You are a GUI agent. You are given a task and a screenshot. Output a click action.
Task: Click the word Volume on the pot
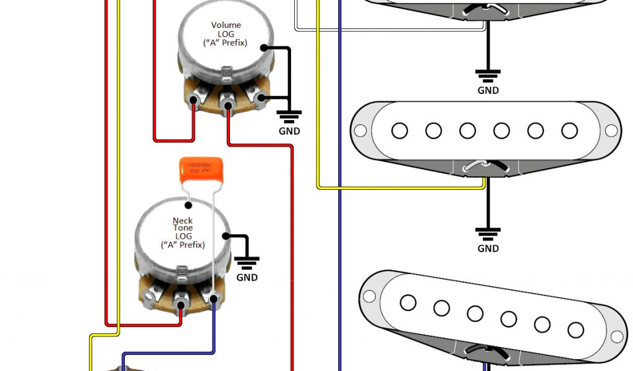pyautogui.click(x=226, y=25)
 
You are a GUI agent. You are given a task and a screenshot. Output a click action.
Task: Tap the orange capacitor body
pyautogui.click(x=196, y=170)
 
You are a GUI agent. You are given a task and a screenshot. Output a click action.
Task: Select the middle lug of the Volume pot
pyautogui.click(x=228, y=98)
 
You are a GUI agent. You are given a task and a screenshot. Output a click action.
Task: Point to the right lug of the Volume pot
pyautogui.click(x=260, y=98)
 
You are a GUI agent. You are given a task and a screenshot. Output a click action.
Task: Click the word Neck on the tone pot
pyautogui.click(x=182, y=221)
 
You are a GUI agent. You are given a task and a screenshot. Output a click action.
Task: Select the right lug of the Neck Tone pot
pyautogui.click(x=214, y=299)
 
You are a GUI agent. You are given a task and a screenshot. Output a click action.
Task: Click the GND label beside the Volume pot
pyautogui.click(x=289, y=131)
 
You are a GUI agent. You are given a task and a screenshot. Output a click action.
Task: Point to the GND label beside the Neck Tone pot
pyautogui.click(x=247, y=277)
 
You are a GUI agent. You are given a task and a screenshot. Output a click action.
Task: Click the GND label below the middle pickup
pyautogui.click(x=488, y=249)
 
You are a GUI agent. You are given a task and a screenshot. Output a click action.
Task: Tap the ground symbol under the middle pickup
pyautogui.click(x=488, y=234)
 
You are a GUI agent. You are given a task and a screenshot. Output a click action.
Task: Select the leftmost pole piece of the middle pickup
pyautogui.click(x=399, y=130)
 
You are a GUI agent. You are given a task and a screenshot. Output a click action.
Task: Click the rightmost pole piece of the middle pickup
pyautogui.click(x=569, y=130)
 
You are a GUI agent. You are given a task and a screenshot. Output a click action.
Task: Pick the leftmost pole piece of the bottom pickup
pyautogui.click(x=407, y=302)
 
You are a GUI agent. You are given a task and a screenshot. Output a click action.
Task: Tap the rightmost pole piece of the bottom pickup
pyautogui.click(x=576, y=329)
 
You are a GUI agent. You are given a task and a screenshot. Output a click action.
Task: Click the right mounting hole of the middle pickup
pyautogui.click(x=611, y=130)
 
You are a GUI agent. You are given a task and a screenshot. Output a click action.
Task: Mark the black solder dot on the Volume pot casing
pyautogui.click(x=264, y=48)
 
